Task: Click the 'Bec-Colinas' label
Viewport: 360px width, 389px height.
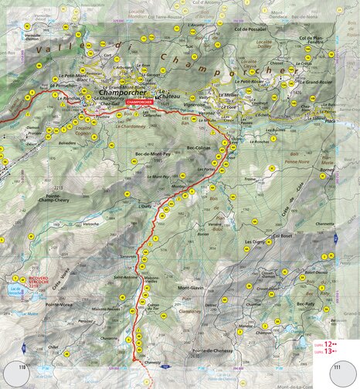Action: coord(199,147)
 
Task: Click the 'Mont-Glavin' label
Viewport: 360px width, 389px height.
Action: coord(191,288)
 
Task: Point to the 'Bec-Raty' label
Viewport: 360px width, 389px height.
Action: coord(307,305)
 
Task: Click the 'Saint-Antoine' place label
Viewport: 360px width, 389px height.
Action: coord(125,276)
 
